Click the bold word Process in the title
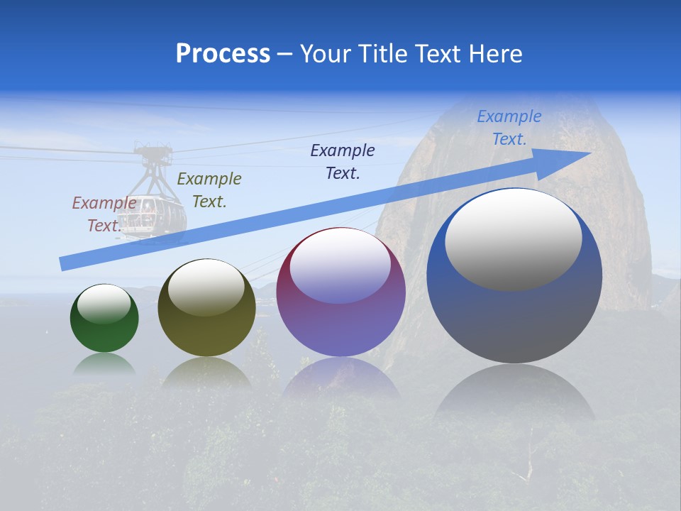coord(223,54)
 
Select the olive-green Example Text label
coord(209,190)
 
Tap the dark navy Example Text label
coord(343,162)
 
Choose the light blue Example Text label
coord(509,128)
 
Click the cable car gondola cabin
coord(150,213)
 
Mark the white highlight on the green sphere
coord(104,303)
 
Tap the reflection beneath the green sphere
coord(104,363)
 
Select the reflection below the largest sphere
coord(514,390)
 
